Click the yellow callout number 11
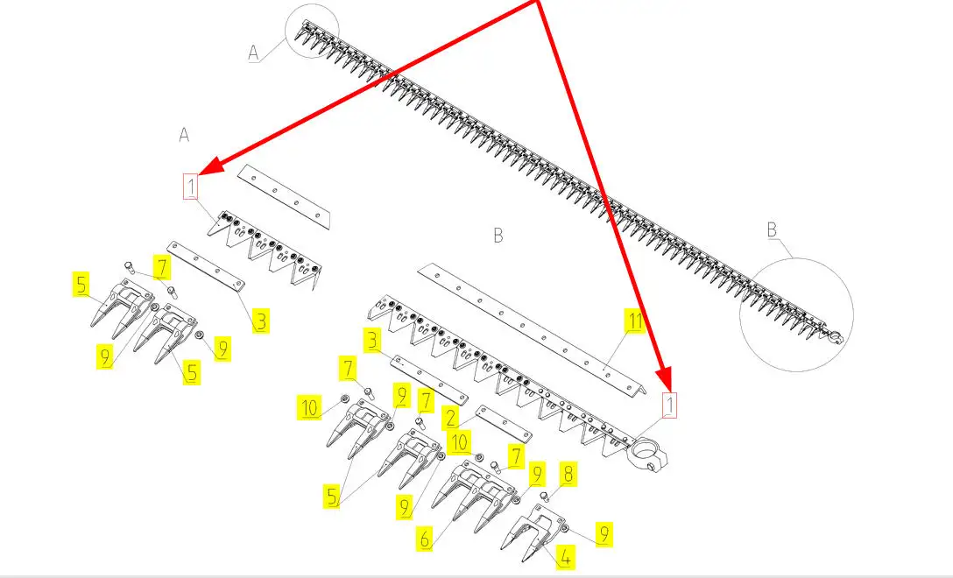[635, 321]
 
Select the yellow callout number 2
[450, 418]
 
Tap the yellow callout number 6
[425, 539]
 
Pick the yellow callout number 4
[566, 557]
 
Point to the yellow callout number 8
[568, 474]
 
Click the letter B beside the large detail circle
[772, 230]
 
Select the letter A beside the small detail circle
[254, 53]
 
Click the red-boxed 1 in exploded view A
[191, 187]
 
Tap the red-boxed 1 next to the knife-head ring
[669, 405]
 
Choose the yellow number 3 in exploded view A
[261, 321]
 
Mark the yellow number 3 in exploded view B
[372, 341]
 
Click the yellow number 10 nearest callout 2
[460, 442]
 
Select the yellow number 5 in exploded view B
[332, 496]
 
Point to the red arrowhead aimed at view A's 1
[207, 167]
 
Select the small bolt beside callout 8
[545, 497]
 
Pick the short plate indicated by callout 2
[504, 424]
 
